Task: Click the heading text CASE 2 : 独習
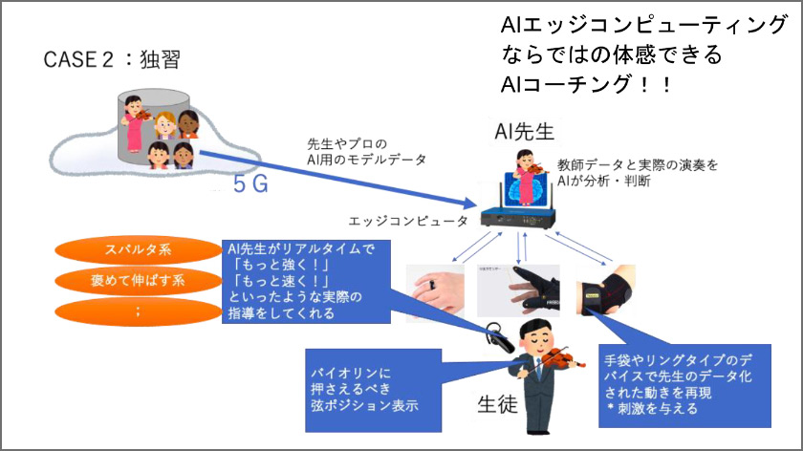click(x=112, y=60)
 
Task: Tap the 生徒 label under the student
click(x=497, y=404)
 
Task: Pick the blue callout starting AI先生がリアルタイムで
click(x=304, y=280)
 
